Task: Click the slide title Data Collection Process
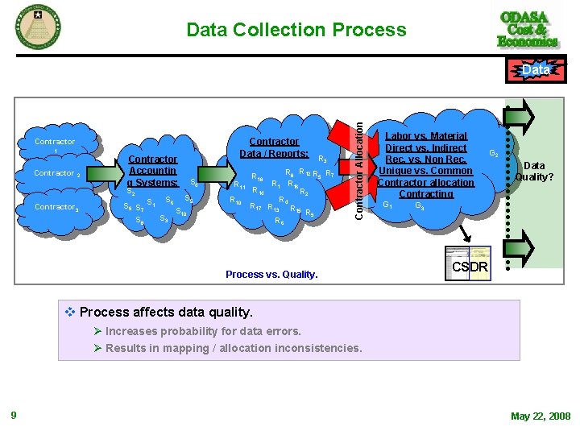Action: click(296, 31)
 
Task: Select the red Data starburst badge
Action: click(536, 71)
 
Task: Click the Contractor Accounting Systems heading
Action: click(152, 171)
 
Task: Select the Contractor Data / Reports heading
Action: click(274, 147)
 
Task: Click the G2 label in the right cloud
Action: click(495, 152)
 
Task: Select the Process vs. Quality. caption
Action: click(271, 275)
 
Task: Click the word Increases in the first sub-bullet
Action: click(131, 331)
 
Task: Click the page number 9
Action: click(13, 416)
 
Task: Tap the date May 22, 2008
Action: click(540, 416)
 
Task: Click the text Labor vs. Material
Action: click(427, 136)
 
